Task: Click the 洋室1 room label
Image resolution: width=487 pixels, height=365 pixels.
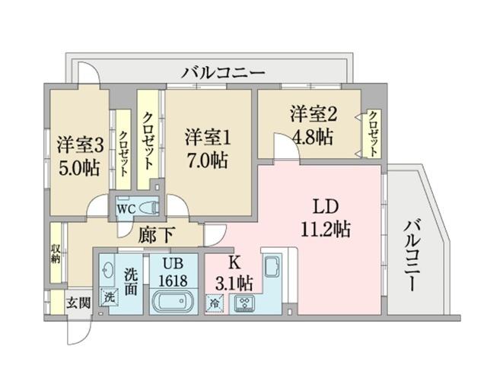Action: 206,137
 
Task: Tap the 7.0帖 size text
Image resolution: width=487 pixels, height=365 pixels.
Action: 206,160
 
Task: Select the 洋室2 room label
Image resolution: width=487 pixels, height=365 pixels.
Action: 313,115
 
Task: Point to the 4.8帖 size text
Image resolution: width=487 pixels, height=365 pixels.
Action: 313,137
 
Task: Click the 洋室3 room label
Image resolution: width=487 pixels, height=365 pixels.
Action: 78,144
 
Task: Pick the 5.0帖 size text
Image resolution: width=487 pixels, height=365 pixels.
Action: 78,167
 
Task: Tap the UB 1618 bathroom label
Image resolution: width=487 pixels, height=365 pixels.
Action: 171,271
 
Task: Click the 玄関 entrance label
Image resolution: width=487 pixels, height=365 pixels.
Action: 78,302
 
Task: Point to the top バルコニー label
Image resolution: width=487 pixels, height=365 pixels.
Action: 223,74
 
